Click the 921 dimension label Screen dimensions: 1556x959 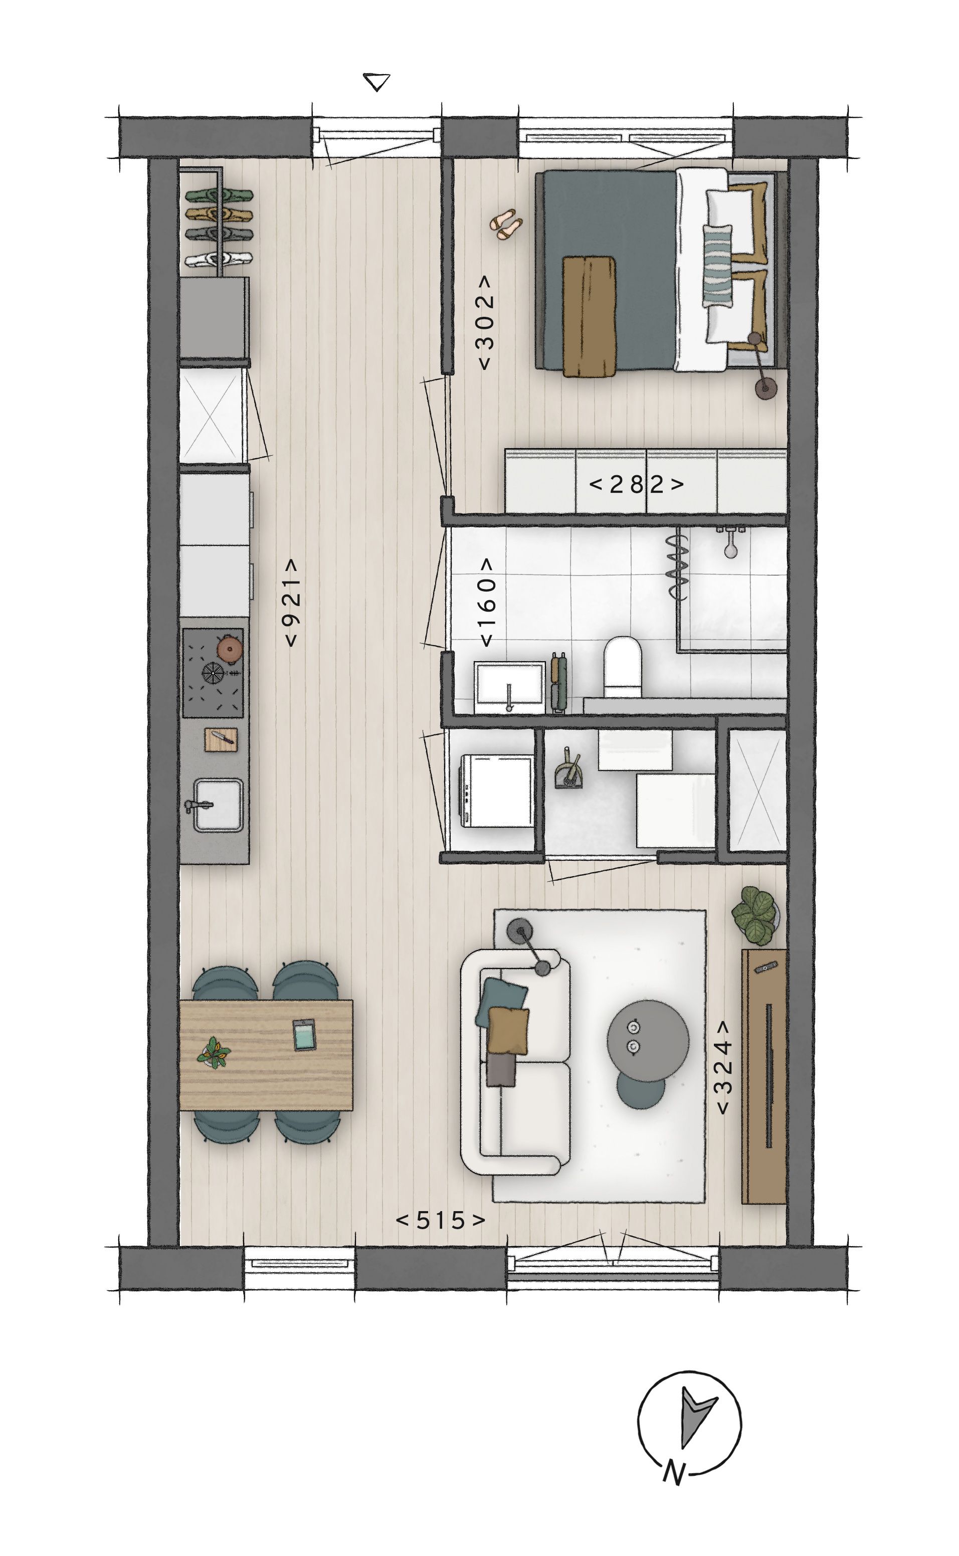click(x=291, y=603)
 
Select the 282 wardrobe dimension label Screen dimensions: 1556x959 click(x=636, y=484)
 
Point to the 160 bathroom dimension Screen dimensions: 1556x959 click(x=486, y=603)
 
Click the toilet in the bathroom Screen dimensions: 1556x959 click(x=623, y=666)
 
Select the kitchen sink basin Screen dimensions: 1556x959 click(x=218, y=805)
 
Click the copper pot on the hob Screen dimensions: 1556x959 click(x=229, y=649)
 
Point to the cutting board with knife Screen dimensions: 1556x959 click(x=221, y=739)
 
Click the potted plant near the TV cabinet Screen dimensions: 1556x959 click(x=755, y=915)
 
